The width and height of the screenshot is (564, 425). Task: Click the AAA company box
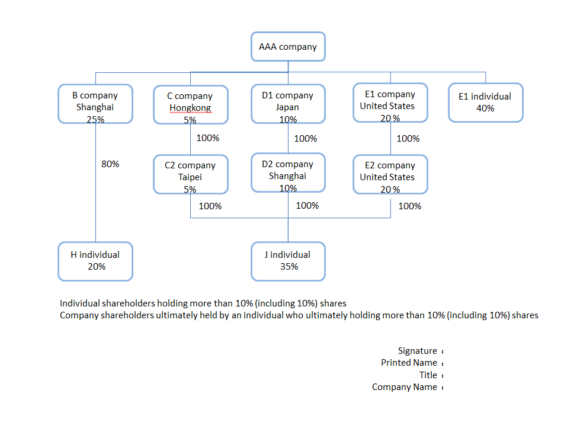coord(288,47)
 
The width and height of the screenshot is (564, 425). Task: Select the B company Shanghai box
coord(95,104)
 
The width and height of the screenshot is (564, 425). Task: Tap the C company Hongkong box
coord(190,105)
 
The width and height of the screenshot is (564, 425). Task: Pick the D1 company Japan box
coord(288,104)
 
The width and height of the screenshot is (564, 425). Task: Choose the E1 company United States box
coord(390,103)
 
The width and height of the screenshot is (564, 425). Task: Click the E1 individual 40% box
coord(485,103)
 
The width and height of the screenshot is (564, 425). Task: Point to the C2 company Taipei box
coord(190,174)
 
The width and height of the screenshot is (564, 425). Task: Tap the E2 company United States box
coord(390,174)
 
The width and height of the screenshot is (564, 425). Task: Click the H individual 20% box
coord(95,261)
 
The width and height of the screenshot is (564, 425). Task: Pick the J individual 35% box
coord(288,261)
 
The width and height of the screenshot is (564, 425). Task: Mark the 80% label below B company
coord(110,164)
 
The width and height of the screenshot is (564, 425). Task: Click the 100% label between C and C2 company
coord(207,139)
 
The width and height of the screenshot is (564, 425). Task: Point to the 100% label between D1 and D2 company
coord(305,139)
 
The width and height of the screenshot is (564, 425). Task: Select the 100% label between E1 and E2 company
coord(408,139)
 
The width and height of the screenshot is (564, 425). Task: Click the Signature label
coord(417,351)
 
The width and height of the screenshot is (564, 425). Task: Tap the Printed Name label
coord(409,363)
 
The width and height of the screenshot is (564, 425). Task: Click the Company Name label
coord(404,387)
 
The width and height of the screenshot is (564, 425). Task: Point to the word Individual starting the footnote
coord(81,303)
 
